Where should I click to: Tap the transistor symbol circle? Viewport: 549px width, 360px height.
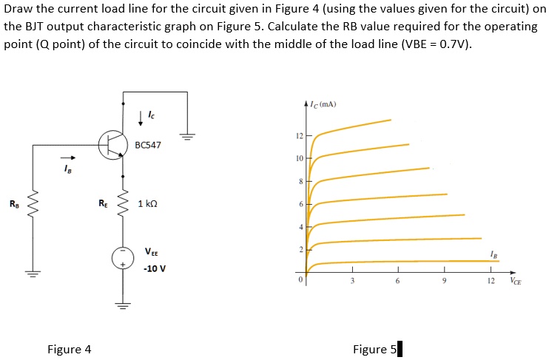(112, 145)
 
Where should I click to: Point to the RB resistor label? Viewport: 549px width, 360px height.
(13, 203)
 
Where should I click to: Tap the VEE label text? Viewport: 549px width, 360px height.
(151, 251)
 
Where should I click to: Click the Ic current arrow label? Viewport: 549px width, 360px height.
(151, 115)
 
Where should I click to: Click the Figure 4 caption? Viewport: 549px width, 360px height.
(69, 349)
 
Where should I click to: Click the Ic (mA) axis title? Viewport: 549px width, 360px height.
(324, 104)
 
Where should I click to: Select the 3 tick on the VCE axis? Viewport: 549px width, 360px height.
(353, 281)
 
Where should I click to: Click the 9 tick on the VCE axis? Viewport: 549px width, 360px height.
(443, 281)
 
